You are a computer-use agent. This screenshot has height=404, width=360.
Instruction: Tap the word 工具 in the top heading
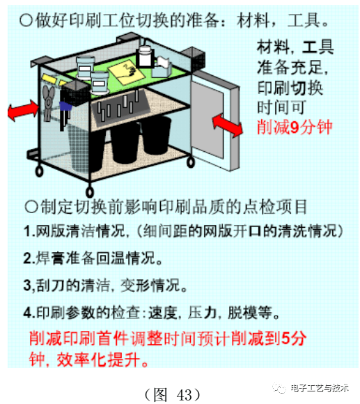point(304,19)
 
